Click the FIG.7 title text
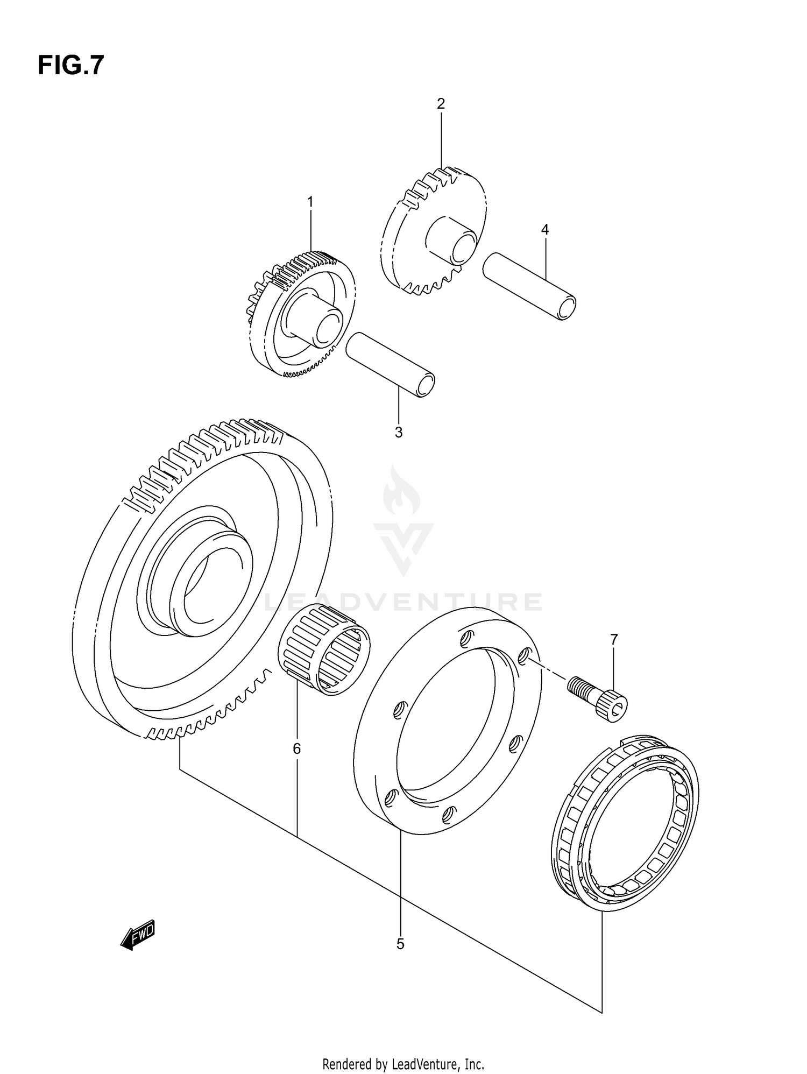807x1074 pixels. (70, 66)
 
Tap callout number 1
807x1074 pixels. (310, 202)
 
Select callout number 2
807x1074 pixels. (441, 104)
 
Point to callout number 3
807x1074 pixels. (398, 433)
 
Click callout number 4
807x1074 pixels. (544, 230)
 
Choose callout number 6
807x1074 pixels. (296, 748)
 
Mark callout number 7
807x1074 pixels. (614, 639)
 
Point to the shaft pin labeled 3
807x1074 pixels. (391, 364)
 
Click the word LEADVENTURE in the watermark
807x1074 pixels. (403, 602)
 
